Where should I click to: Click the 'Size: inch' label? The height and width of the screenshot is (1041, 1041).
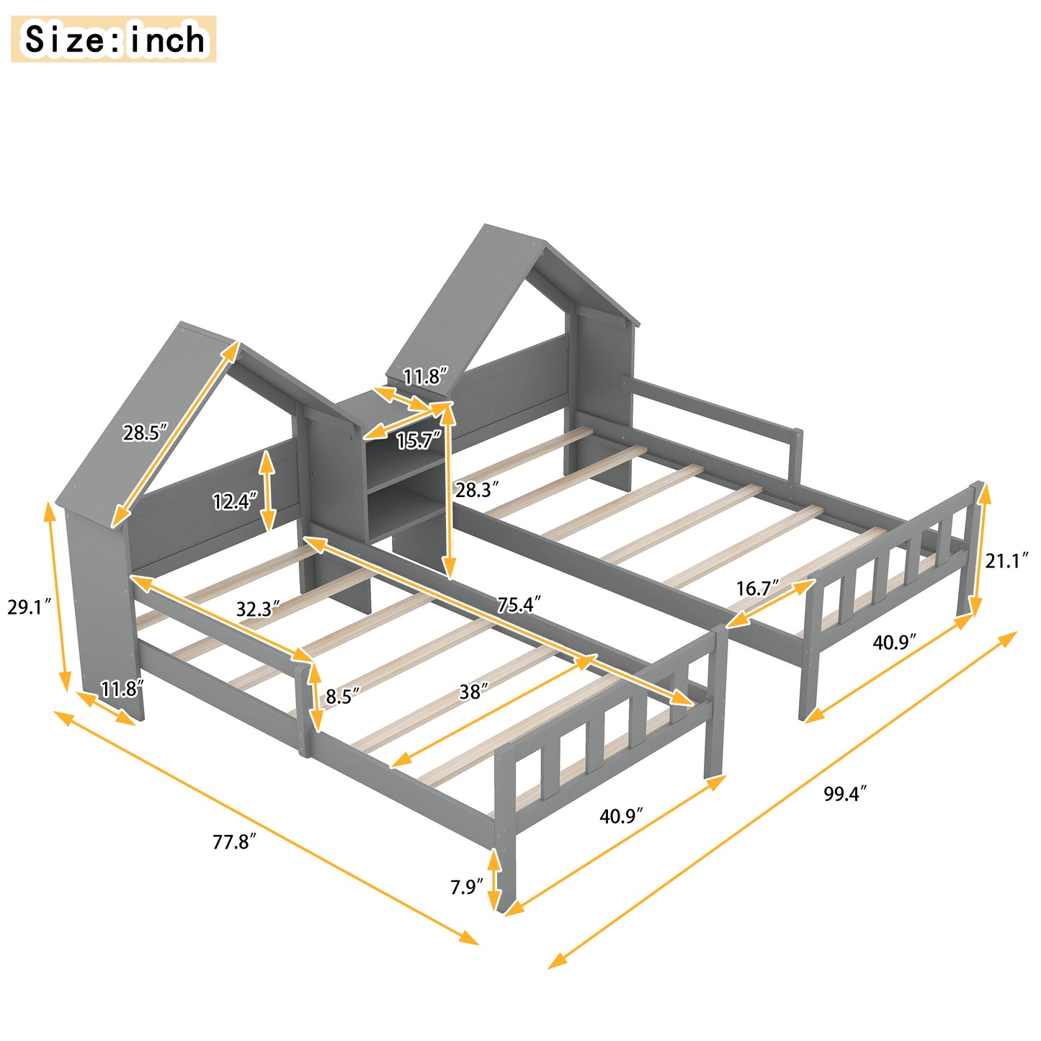(114, 40)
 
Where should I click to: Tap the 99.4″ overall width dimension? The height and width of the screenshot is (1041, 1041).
(844, 794)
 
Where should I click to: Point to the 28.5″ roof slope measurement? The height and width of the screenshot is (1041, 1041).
(144, 433)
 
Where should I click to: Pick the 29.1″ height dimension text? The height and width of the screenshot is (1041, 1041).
(29, 607)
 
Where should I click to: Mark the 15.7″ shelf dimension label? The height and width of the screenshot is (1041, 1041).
(419, 440)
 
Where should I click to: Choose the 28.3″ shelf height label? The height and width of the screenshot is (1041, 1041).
(477, 490)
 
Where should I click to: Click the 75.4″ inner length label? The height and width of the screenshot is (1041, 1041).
(519, 604)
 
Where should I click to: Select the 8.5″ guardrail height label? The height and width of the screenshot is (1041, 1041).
(342, 696)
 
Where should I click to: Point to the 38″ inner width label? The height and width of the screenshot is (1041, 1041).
(474, 692)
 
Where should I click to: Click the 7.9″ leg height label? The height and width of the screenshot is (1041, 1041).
(466, 886)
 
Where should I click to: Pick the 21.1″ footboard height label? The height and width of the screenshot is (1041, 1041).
(1006, 560)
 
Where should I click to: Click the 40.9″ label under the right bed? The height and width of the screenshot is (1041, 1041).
(894, 641)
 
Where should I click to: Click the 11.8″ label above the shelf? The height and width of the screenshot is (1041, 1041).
(425, 376)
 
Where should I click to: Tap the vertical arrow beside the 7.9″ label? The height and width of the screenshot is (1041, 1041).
(494, 880)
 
